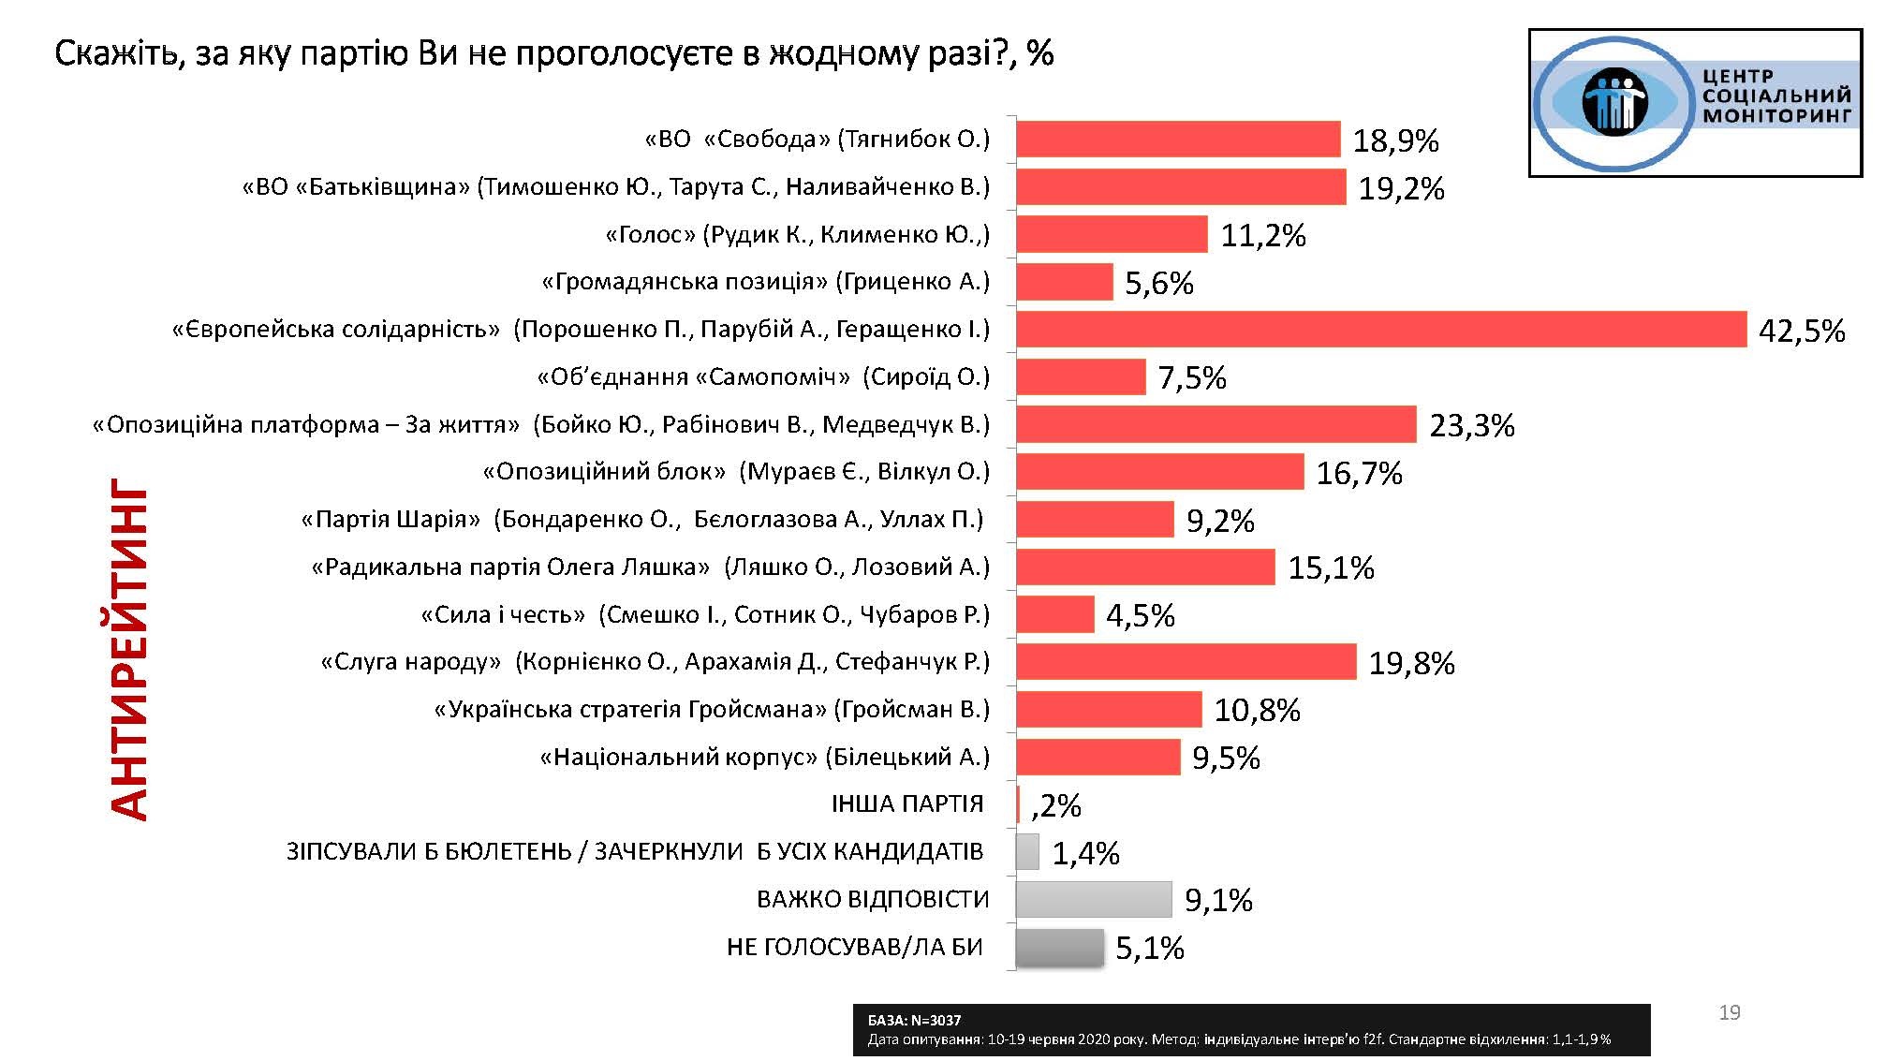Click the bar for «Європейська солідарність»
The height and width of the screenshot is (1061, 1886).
(x=1381, y=330)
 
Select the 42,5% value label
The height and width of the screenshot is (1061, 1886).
(x=1802, y=331)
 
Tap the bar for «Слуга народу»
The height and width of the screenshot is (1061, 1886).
(x=1186, y=662)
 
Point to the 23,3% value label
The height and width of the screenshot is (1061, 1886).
(x=1471, y=426)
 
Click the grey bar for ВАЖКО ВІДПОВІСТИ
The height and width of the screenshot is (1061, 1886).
(x=1093, y=899)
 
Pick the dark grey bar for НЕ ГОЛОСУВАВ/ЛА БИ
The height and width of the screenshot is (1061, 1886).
(x=1059, y=947)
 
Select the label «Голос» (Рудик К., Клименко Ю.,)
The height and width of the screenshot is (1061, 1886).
(x=797, y=234)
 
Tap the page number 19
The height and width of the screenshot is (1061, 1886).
(x=1729, y=1012)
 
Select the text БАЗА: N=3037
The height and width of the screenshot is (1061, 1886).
(x=914, y=1021)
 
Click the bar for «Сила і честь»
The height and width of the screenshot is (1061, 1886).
(x=1054, y=614)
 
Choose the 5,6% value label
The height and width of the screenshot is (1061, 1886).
(x=1158, y=283)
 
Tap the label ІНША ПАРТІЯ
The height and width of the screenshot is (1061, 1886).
(x=906, y=803)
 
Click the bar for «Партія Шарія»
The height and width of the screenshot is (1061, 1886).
(x=1095, y=520)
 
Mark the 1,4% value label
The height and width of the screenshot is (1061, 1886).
(x=1085, y=853)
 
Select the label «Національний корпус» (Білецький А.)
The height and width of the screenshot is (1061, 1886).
(x=764, y=757)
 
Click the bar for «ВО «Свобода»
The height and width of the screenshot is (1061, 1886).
(x=1178, y=140)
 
